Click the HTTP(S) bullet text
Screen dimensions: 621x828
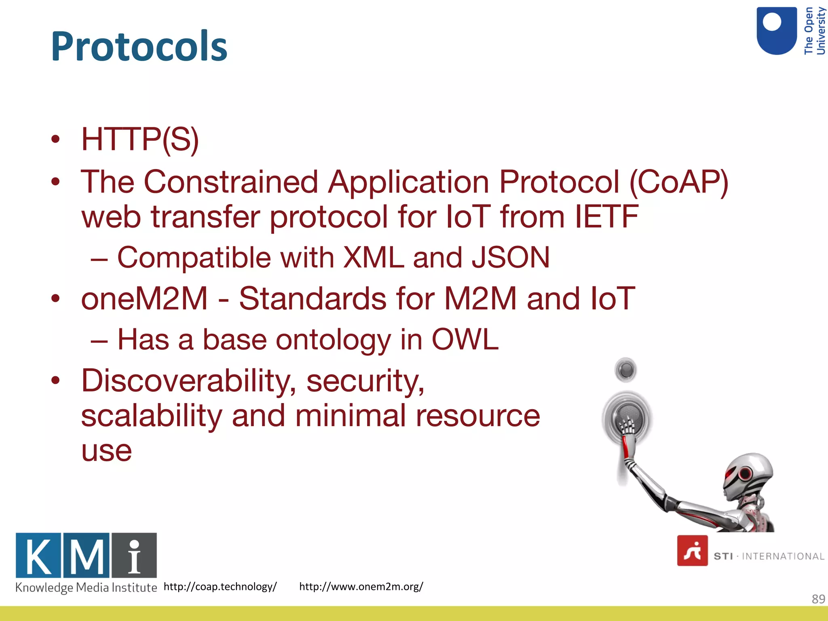pyautogui.click(x=140, y=139)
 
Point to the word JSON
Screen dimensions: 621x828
pyautogui.click(x=511, y=258)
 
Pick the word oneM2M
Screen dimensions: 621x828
pyautogui.click(x=144, y=299)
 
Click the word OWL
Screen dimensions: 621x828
pyautogui.click(x=465, y=339)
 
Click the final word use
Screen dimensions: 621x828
pyautogui.click(x=107, y=451)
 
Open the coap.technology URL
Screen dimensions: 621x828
pyautogui.click(x=220, y=587)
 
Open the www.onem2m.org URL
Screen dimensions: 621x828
pyautogui.click(x=361, y=587)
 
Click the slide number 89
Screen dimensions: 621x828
pyautogui.click(x=818, y=599)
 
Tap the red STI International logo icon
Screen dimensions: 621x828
pyautogui.click(x=692, y=551)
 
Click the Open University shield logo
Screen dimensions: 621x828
pyautogui.click(x=776, y=31)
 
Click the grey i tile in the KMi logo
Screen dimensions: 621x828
pyautogui.click(x=134, y=556)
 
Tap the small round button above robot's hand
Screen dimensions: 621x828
pyautogui.click(x=625, y=370)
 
